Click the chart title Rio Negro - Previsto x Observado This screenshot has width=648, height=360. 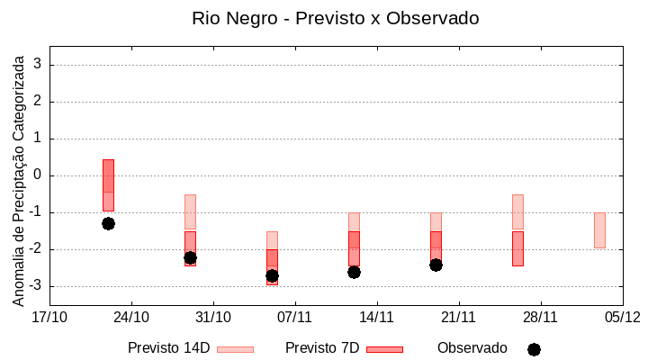pos(336,18)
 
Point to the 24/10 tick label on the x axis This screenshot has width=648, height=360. pos(131,317)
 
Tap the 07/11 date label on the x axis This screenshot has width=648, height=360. pos(294,317)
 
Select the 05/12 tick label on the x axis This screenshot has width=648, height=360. pos(622,317)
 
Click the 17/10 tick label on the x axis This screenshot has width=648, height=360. pos(49,317)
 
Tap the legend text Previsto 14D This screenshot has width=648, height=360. pos(168,348)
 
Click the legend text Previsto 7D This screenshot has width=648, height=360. pos(322,348)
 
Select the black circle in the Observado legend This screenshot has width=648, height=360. pos(534,349)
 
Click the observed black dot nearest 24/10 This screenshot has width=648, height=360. pos(108,223)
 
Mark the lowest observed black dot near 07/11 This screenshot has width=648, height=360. pos(272,275)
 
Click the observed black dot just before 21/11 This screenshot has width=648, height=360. pos(436,265)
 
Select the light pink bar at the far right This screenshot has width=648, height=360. pos(599,230)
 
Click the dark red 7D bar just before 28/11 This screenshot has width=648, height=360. pos(517,248)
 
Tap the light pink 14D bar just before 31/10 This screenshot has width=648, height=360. pos(190,211)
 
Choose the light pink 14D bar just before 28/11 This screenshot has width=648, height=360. pos(517,211)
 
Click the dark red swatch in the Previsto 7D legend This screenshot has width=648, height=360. pos(384,349)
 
